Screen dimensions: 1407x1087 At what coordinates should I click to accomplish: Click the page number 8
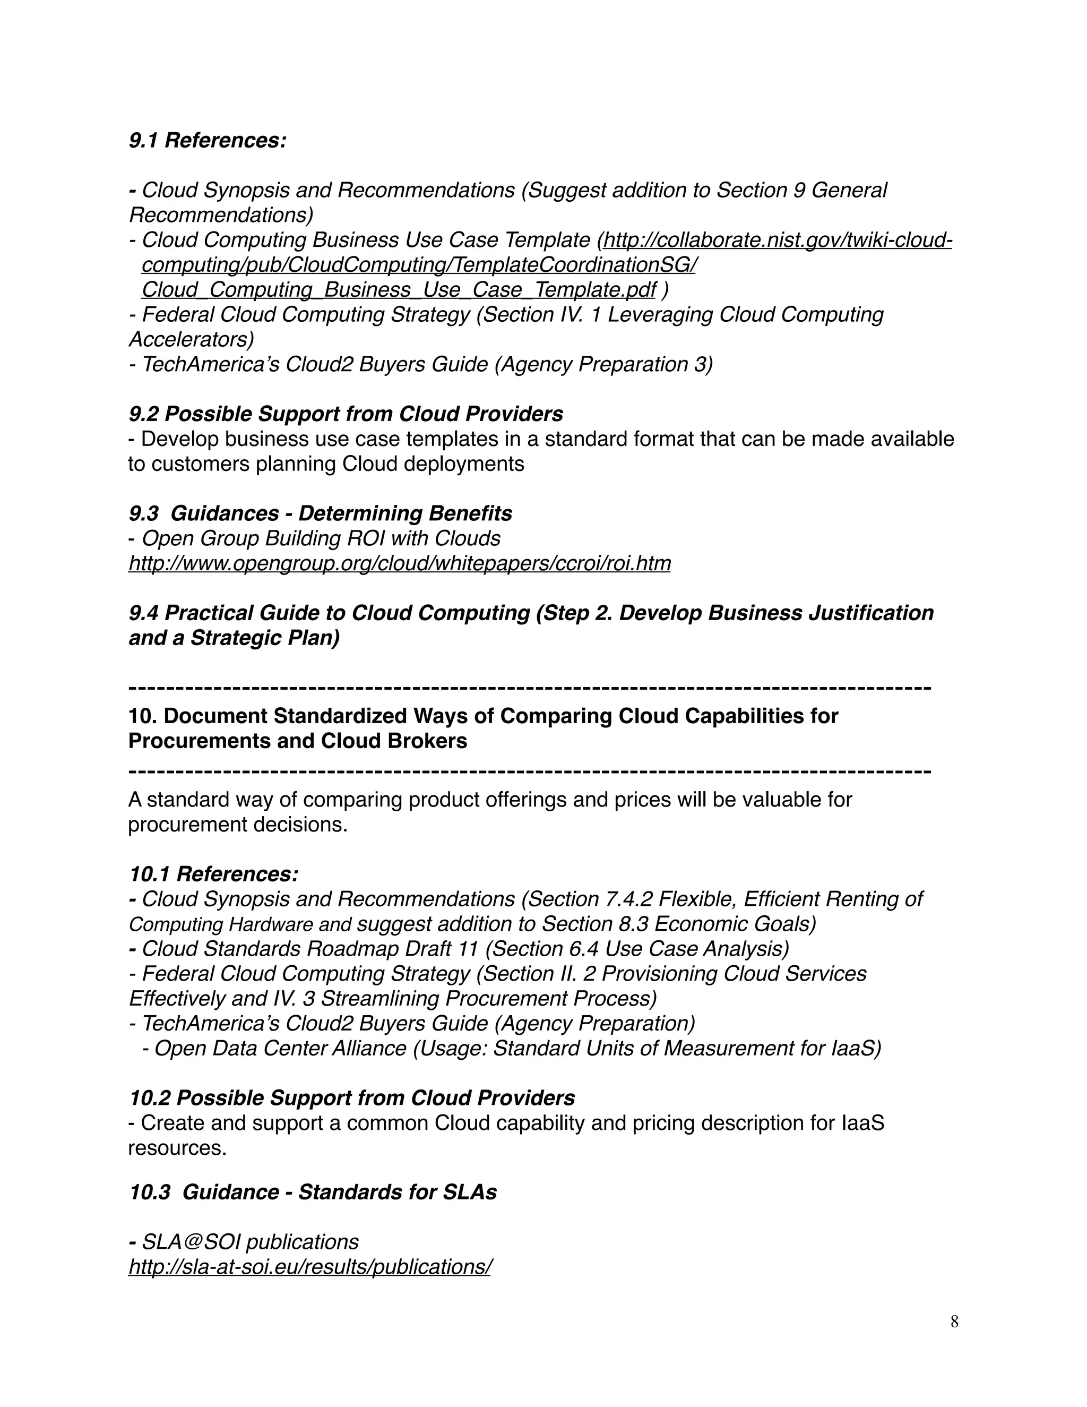click(x=954, y=1322)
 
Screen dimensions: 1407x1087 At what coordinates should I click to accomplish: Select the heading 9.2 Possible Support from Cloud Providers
click(x=346, y=414)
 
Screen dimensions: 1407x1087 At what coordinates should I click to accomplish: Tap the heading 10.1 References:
click(x=214, y=874)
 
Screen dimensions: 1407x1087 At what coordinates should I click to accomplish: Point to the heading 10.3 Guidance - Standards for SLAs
click(x=313, y=1192)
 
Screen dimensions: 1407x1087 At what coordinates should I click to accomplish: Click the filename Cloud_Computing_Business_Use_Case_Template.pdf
click(x=399, y=290)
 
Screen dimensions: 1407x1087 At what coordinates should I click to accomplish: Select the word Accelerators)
click(x=191, y=339)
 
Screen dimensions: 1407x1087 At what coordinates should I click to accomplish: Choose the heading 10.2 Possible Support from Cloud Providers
click(x=351, y=1098)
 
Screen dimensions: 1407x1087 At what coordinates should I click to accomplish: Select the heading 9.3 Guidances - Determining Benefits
click(x=320, y=513)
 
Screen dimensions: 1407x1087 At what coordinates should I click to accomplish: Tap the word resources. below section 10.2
click(x=177, y=1148)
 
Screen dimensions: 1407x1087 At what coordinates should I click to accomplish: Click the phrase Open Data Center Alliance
click(x=280, y=1048)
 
